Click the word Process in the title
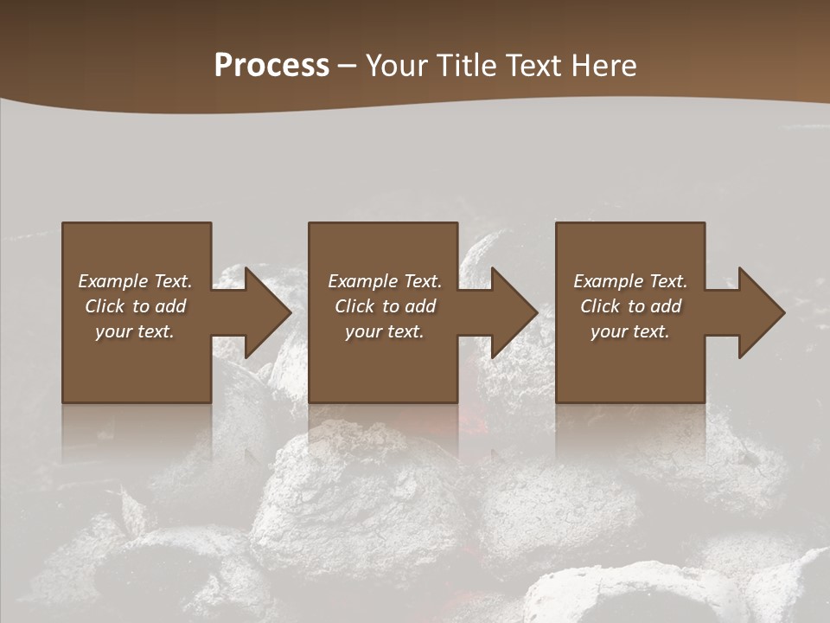[271, 66]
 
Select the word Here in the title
[604, 66]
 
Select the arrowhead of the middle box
[513, 312]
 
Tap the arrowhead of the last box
[760, 312]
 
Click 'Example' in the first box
[113, 281]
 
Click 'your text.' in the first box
[135, 331]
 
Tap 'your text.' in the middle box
[384, 331]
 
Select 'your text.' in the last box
[630, 331]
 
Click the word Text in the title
[534, 66]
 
